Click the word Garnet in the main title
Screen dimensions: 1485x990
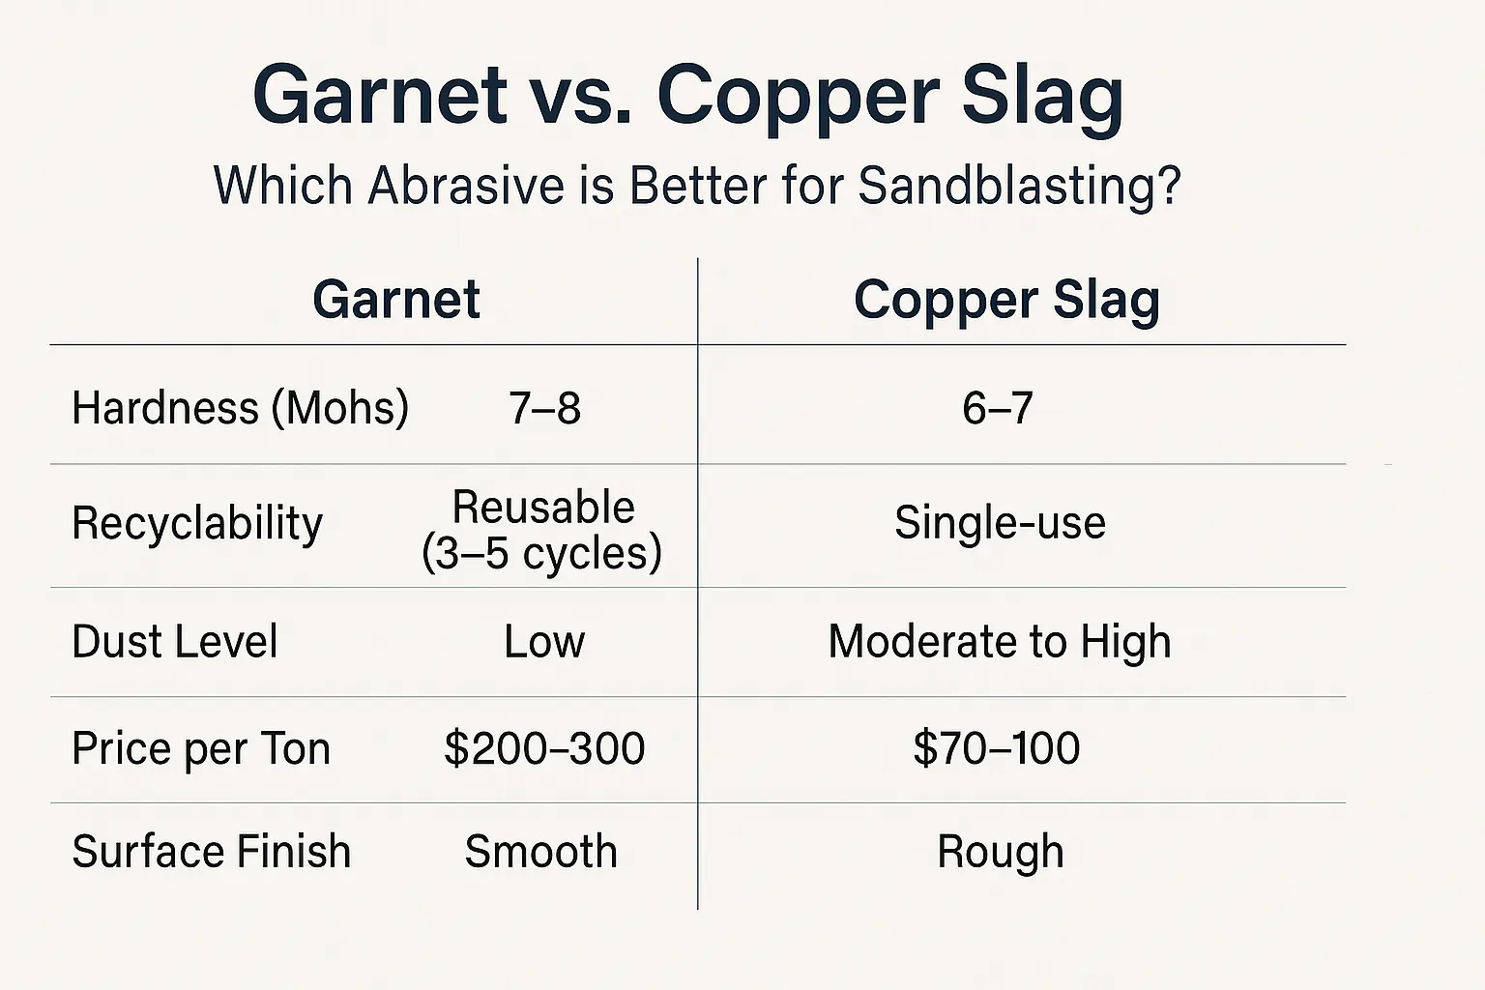tap(380, 94)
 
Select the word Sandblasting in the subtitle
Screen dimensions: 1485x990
tap(1020, 186)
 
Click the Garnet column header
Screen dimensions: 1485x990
tap(396, 300)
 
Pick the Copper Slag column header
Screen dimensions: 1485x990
tap(1007, 302)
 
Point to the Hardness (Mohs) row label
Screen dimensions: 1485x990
tap(240, 408)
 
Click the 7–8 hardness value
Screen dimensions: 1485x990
tap(544, 408)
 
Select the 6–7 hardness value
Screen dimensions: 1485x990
tap(998, 408)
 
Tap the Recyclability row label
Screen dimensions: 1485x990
tap(197, 524)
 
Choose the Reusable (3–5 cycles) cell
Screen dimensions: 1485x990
tap(542, 531)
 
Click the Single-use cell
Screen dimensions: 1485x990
tap(1001, 522)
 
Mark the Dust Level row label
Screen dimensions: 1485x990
tap(175, 641)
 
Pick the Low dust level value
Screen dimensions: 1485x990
tap(544, 642)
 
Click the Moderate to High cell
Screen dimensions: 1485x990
tap(1000, 642)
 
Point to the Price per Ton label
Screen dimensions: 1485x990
tap(201, 749)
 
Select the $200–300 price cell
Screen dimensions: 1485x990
tap(544, 748)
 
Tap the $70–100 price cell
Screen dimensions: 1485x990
tap(997, 748)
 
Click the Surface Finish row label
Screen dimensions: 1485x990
tap(212, 852)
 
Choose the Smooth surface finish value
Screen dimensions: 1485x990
tap(541, 852)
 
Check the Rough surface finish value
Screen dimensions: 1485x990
tap(1001, 854)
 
